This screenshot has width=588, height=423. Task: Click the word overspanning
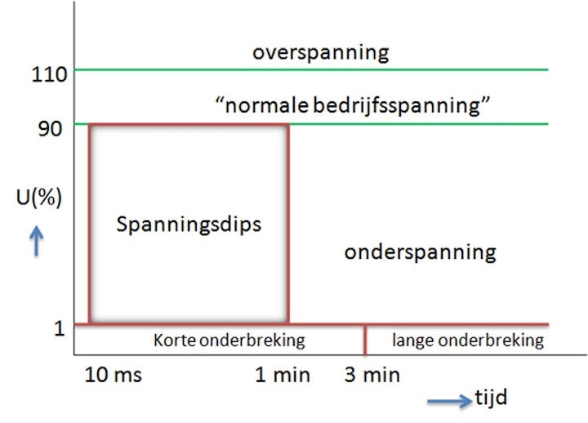[x=320, y=53]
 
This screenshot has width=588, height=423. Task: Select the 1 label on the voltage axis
[x=59, y=328]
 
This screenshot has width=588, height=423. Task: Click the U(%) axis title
[x=37, y=198]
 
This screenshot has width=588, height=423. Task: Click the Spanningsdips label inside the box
[x=189, y=223]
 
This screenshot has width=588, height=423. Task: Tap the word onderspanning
[x=420, y=252]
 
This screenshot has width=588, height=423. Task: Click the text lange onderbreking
[x=468, y=341]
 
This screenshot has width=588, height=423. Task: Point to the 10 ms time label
[x=114, y=375]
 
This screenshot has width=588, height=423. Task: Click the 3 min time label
[x=372, y=375]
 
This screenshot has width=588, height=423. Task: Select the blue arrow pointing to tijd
[x=448, y=400]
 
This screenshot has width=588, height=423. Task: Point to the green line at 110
[x=408, y=70]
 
